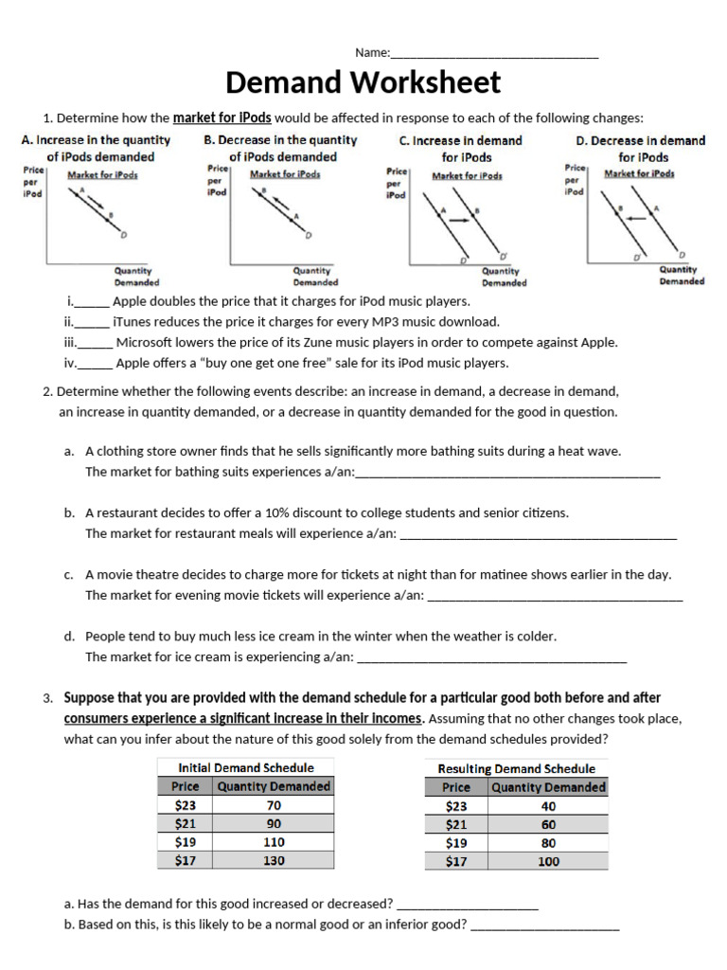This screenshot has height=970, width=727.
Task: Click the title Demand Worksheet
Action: click(363, 83)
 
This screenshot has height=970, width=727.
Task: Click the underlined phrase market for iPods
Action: click(222, 118)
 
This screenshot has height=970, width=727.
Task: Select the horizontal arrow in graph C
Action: click(458, 220)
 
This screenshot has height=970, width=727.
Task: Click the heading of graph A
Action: click(96, 148)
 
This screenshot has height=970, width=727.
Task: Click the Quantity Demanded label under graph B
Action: click(315, 277)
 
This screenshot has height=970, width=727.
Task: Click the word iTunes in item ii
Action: click(132, 322)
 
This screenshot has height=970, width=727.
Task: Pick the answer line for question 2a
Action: click(506, 476)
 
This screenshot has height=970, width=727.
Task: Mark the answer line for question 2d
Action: click(491, 660)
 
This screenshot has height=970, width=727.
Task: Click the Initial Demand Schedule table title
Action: click(246, 767)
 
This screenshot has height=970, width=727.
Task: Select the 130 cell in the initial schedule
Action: click(274, 861)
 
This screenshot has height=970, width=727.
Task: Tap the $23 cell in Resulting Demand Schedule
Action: click(456, 806)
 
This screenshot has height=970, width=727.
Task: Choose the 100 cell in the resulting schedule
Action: click(548, 861)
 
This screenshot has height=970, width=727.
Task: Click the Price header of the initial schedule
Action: click(186, 786)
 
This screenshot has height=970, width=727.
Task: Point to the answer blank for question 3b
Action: click(545, 927)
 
